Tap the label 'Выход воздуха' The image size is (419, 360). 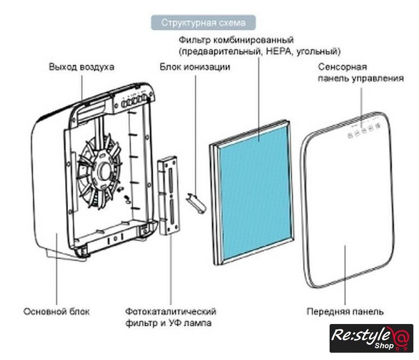[82, 67]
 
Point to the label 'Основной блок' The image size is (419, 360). [56, 311]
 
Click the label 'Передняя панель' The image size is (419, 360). [345, 311]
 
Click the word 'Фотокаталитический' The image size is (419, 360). [171, 311]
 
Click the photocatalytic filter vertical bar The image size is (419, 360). [168, 194]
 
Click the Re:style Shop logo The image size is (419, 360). [371, 338]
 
